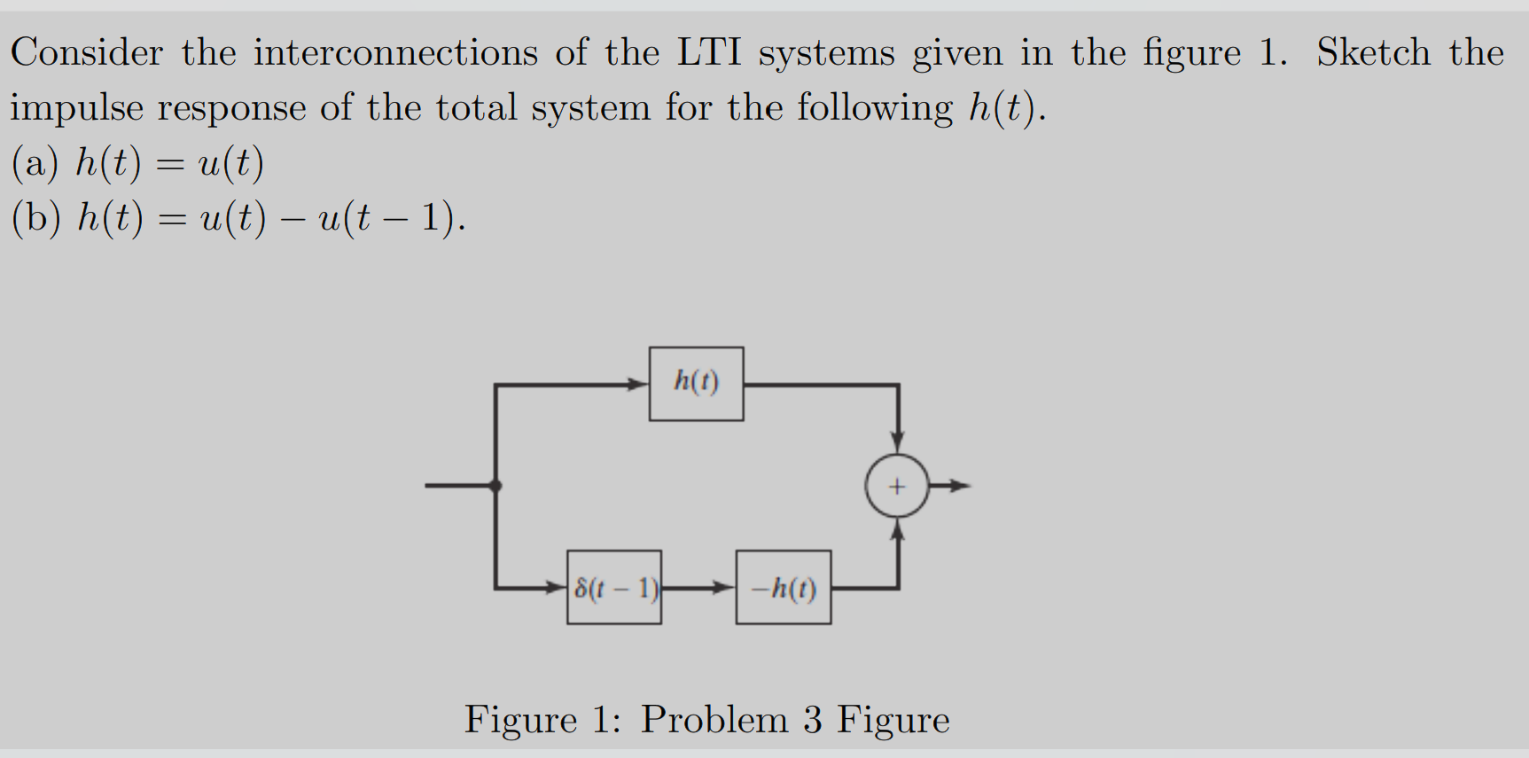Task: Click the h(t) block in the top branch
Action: coord(696,383)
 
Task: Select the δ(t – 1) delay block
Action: coord(614,587)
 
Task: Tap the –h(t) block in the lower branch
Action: coord(784,587)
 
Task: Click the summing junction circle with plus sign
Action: coord(897,486)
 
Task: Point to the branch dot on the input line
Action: coord(495,486)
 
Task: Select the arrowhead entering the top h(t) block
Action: coord(637,385)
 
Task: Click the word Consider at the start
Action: coord(87,52)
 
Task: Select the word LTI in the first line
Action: coord(709,52)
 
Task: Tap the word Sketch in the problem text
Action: coord(1373,52)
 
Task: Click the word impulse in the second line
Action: coord(76,108)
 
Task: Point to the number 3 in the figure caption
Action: coord(813,719)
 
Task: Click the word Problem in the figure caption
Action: coord(714,719)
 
